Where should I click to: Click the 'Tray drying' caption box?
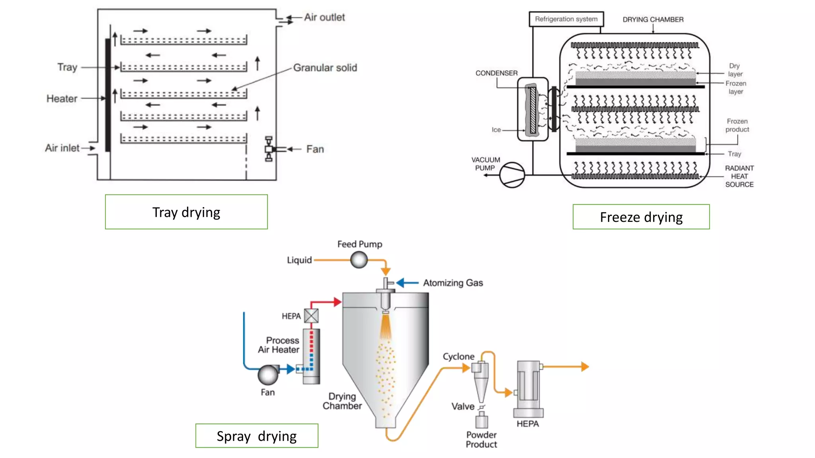click(x=186, y=212)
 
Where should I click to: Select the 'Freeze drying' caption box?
click(x=641, y=217)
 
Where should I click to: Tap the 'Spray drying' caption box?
click(x=257, y=436)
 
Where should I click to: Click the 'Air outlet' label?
click(x=324, y=17)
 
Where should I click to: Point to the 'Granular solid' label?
click(x=325, y=68)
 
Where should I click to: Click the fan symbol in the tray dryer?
click(x=269, y=149)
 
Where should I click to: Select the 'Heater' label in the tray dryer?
click(x=62, y=99)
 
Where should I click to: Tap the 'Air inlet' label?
click(x=62, y=148)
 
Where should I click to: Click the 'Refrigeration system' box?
click(x=566, y=19)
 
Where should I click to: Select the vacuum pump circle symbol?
click(x=512, y=175)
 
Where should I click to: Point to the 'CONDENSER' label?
click(x=496, y=73)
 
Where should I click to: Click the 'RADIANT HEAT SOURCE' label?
click(x=739, y=176)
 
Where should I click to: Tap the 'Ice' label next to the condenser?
click(x=496, y=130)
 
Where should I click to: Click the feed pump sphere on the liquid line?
click(x=359, y=260)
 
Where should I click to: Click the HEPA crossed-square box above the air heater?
click(x=311, y=316)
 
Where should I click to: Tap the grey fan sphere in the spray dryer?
click(x=268, y=375)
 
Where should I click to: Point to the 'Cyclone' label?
click(x=458, y=357)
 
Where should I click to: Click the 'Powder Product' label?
click(x=481, y=440)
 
